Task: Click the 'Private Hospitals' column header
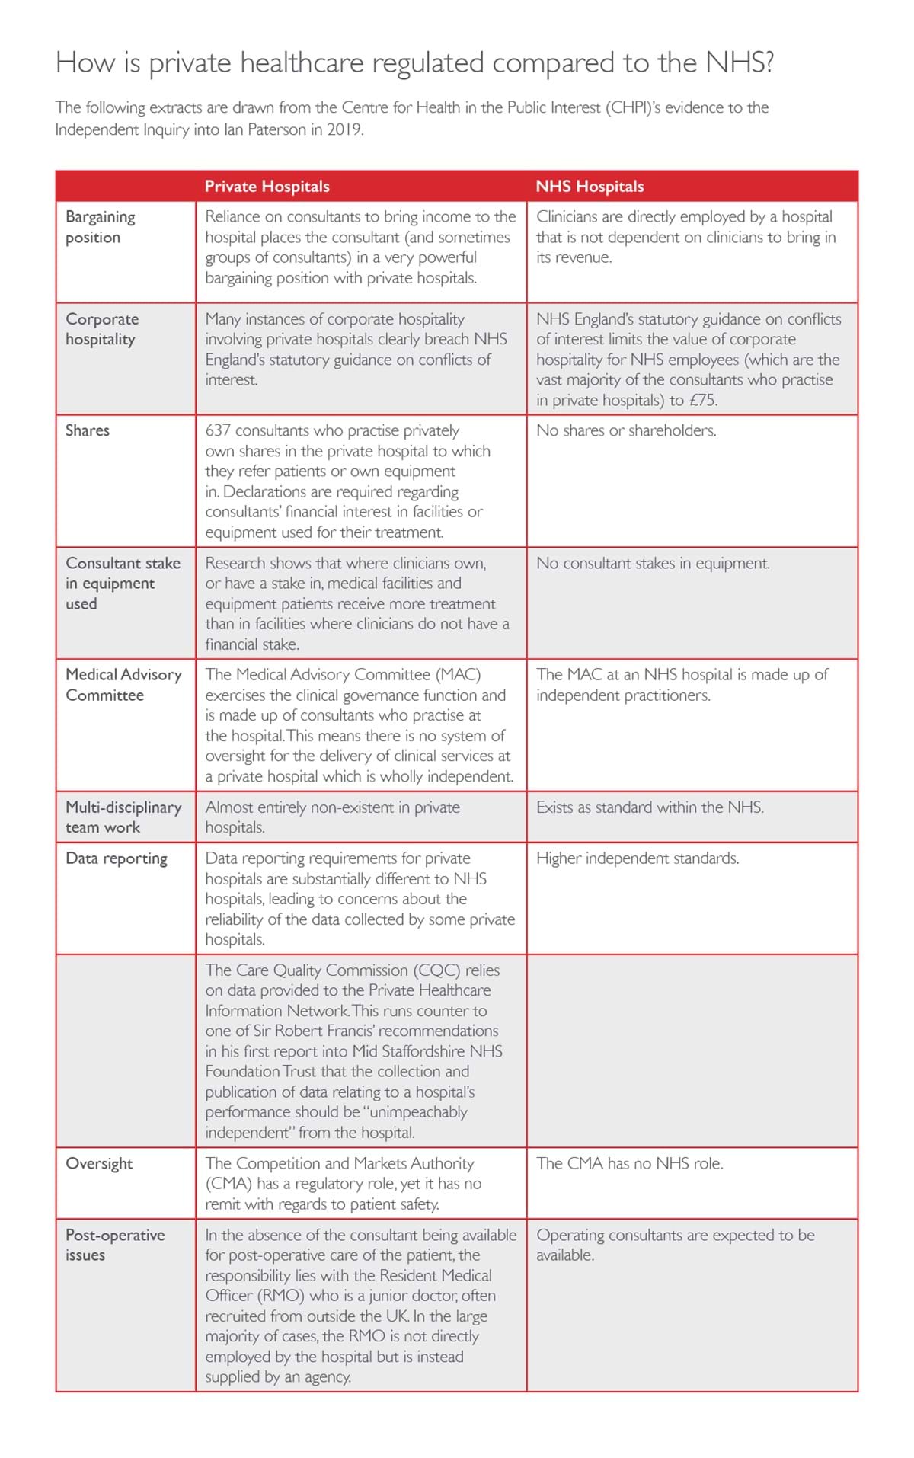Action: [267, 187]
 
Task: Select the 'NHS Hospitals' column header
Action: [590, 187]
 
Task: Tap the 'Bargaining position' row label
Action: [101, 227]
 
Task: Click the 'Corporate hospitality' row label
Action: [102, 329]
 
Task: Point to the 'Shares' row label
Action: [88, 430]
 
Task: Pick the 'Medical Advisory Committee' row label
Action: [123, 685]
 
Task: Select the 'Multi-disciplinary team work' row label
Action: [123, 817]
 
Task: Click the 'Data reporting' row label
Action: [117, 858]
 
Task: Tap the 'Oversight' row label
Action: [99, 1163]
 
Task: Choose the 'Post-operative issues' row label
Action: [115, 1245]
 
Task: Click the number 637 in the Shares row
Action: [219, 430]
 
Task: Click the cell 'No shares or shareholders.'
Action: [626, 430]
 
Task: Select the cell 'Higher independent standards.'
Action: [638, 858]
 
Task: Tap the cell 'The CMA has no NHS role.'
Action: [630, 1163]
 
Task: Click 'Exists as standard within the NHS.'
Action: [650, 807]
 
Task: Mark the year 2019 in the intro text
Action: [344, 129]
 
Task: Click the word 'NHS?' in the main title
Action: [739, 62]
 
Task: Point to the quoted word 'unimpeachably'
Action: [418, 1112]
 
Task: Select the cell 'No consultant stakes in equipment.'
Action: [653, 563]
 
